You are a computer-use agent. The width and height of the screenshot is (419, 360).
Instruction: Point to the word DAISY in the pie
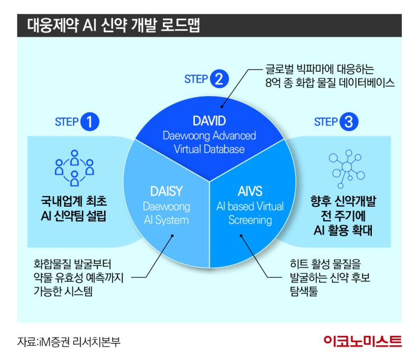point(166,192)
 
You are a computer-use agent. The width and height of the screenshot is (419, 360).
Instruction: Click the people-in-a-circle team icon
point(74,167)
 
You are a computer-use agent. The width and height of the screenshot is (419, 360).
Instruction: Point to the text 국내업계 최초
point(74,201)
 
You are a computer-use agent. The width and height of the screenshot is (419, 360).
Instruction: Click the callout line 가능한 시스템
point(62,291)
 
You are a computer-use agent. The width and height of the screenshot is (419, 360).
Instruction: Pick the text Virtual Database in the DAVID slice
point(210,149)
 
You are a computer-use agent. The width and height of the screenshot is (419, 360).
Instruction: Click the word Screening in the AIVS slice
point(250,220)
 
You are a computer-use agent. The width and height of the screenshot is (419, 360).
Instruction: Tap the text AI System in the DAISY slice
point(166,220)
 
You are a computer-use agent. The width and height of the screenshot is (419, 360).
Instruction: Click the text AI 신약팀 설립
point(74,216)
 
